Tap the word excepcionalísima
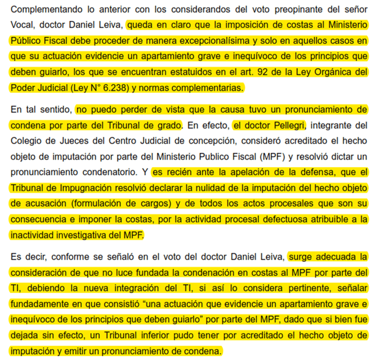pyautogui.click(x=212, y=42)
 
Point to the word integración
pyautogui.click(x=125, y=288)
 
